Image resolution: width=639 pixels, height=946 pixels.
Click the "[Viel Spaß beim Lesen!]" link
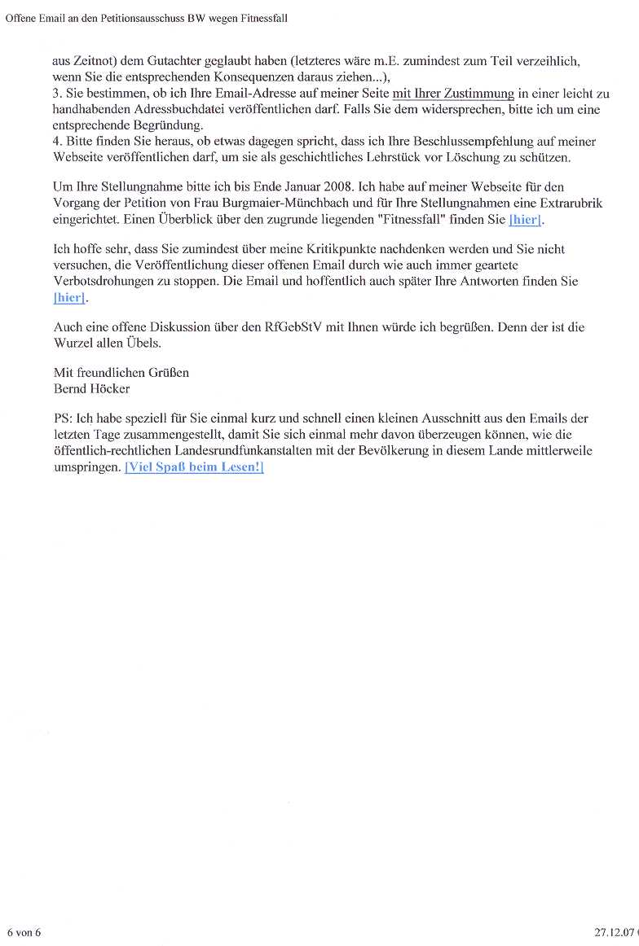click(194, 467)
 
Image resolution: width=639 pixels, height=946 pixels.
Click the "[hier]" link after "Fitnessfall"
click(526, 220)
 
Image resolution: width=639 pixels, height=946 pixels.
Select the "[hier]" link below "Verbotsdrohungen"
click(69, 297)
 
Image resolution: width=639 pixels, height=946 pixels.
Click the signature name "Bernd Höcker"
click(90, 388)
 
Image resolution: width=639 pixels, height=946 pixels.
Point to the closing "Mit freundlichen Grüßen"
click(121, 372)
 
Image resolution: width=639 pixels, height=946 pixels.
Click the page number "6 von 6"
click(24, 932)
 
